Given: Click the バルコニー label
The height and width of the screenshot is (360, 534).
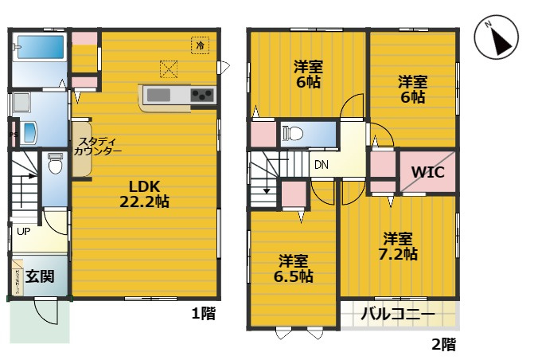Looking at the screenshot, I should click(x=398, y=315).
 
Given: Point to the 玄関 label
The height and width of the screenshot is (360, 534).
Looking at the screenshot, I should click(x=40, y=277).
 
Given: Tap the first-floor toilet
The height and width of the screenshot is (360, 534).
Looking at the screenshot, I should click(x=55, y=165).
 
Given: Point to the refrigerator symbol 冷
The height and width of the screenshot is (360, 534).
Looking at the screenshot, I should click(x=199, y=45).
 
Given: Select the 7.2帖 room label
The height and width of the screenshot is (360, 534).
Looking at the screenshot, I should click(x=398, y=246).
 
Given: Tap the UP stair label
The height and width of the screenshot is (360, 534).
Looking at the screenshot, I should click(x=23, y=233).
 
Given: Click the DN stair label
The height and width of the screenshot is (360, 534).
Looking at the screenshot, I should click(x=321, y=166).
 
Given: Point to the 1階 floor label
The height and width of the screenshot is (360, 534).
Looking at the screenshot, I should click(x=203, y=313).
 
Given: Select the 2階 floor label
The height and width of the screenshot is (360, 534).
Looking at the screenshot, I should click(x=443, y=345).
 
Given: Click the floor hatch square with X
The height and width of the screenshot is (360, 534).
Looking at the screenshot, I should click(x=169, y=69).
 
